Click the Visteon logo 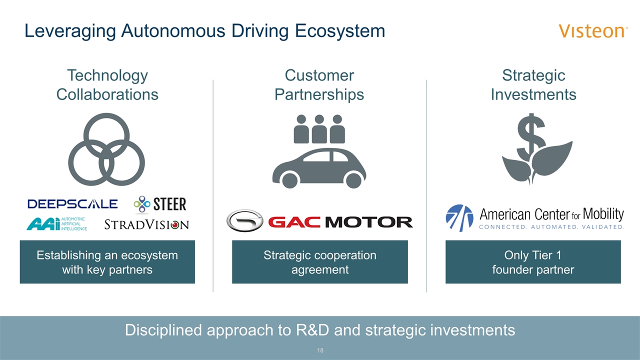click(x=593, y=31)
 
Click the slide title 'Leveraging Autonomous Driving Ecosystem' click(x=205, y=31)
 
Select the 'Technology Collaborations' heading click(x=107, y=85)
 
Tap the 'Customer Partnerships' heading click(x=319, y=85)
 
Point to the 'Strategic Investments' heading click(x=533, y=85)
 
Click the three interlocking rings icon click(x=106, y=149)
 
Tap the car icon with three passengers click(x=319, y=151)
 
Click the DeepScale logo click(x=73, y=203)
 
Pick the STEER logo click(x=160, y=204)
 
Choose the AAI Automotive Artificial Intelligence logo click(x=56, y=224)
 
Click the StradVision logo click(x=146, y=224)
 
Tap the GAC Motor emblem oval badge click(x=245, y=221)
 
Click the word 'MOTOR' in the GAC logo click(x=369, y=221)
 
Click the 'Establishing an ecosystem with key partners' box click(x=107, y=262)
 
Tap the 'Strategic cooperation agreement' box click(x=320, y=262)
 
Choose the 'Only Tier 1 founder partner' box click(x=533, y=262)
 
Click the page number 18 click(x=320, y=350)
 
